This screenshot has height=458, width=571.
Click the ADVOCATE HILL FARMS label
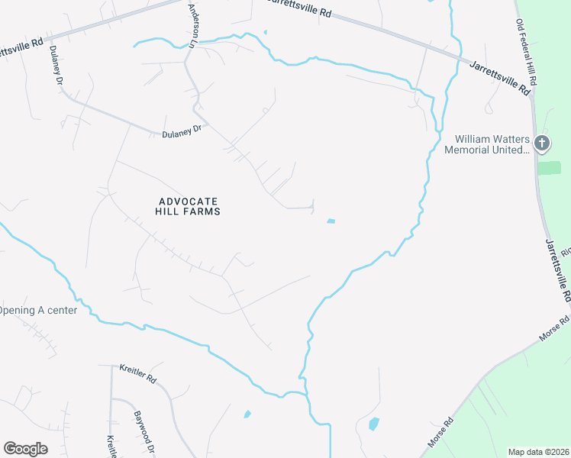(x=189, y=206)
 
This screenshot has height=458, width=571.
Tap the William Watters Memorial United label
(x=492, y=144)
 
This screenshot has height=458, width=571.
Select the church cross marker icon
(x=541, y=143)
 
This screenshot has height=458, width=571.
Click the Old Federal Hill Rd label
(x=527, y=51)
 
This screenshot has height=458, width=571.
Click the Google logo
(x=25, y=448)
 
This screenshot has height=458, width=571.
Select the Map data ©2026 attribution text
(x=538, y=452)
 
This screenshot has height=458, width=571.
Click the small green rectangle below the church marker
(x=549, y=168)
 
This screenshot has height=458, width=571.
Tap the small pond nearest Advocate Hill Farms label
(x=331, y=221)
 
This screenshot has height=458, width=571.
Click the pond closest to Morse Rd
(x=373, y=423)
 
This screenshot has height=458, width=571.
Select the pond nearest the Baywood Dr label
(x=247, y=414)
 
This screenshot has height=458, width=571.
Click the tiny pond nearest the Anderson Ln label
(x=265, y=32)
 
